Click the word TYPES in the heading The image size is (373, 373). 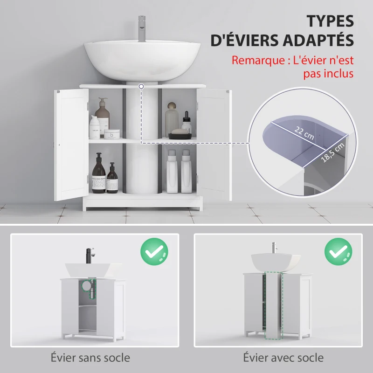pyautogui.click(x=330, y=21)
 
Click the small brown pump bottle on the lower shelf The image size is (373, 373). pyautogui.click(x=112, y=179)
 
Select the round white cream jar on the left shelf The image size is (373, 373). pyautogui.click(x=111, y=134)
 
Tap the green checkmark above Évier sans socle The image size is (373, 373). pyautogui.click(x=154, y=252)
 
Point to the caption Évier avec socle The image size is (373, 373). pyautogui.click(x=283, y=358)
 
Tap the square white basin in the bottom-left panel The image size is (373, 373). pyautogui.click(x=93, y=269)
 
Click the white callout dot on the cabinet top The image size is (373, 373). pyautogui.click(x=141, y=86)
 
